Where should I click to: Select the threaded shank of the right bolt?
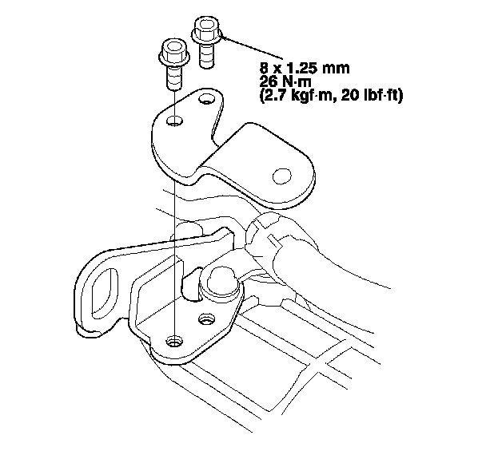pyautogui.click(x=205, y=58)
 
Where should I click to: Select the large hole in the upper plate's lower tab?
pyautogui.click(x=281, y=175)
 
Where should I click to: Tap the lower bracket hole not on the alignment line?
pyautogui.click(x=207, y=320)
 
